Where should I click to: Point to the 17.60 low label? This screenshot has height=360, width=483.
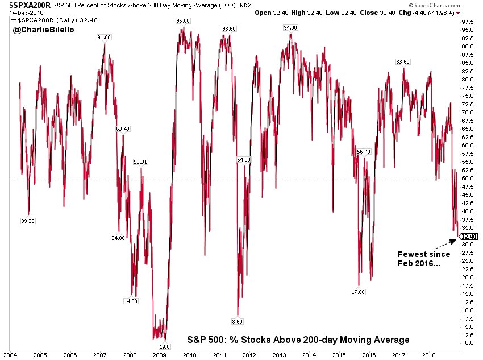tap(359, 292)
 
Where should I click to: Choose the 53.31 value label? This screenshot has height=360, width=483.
tap(141, 162)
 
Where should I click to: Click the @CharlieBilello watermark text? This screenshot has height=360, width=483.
tap(38, 29)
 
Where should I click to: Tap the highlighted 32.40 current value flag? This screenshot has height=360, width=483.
tap(469, 237)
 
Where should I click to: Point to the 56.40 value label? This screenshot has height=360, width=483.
tap(364, 152)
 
